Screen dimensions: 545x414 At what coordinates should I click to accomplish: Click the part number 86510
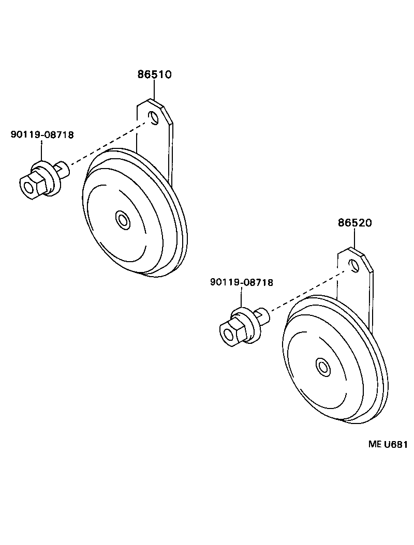[x=154, y=74]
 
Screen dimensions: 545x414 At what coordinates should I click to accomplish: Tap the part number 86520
[x=355, y=223]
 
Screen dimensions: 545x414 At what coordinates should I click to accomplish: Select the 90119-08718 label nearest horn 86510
[x=42, y=135]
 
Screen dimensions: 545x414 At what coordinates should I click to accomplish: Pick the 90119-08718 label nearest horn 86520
[x=242, y=282]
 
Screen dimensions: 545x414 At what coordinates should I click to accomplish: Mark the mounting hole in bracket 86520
[x=354, y=266]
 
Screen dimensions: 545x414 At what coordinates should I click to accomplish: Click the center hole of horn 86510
[x=123, y=219]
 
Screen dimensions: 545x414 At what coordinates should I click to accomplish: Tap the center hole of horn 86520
[x=324, y=367]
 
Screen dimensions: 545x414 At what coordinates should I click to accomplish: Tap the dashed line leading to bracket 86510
[x=109, y=142]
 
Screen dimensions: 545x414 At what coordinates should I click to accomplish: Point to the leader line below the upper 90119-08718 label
[x=42, y=152]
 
